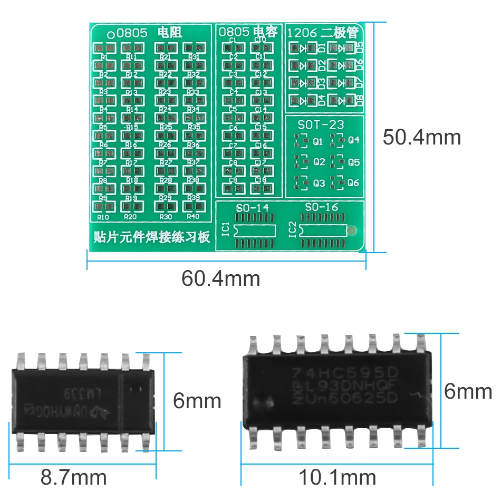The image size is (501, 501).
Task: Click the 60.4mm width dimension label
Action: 221,278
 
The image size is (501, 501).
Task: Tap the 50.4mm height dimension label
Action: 421,137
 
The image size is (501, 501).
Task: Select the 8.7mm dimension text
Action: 73,478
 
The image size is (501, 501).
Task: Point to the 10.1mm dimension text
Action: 338,478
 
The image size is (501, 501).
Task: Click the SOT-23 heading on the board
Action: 321,125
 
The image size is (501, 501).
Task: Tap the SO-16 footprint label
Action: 321,207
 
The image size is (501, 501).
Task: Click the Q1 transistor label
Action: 318,141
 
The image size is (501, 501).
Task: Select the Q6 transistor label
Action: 353,183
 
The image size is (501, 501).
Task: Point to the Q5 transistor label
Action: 353,162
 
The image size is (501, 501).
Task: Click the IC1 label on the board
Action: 226,229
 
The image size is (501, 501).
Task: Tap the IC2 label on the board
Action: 292,229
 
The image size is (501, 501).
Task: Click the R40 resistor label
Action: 194,216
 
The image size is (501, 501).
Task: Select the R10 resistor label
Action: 103,216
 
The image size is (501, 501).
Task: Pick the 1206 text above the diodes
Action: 302,33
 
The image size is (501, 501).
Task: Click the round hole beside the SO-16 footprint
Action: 353,230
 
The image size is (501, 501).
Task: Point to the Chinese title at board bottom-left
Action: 150,236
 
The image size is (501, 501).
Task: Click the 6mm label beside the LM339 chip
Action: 197,401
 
